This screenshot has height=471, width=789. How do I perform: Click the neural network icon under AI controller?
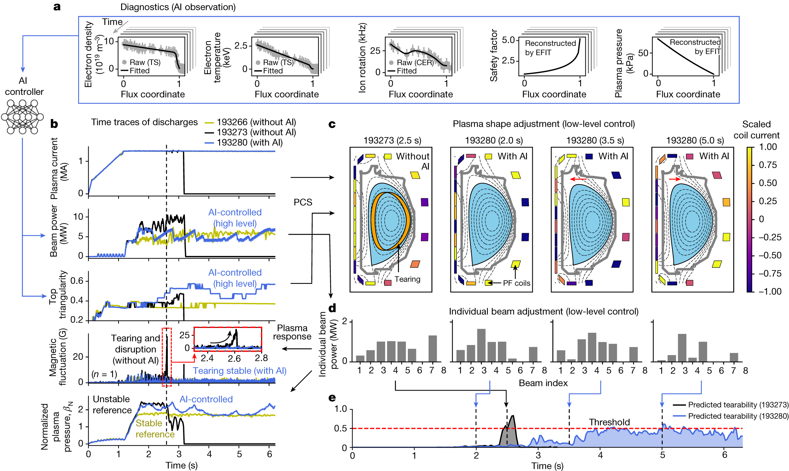point(22,116)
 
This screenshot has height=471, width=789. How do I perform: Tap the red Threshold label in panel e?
point(609,422)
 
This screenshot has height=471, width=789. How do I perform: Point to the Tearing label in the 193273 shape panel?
point(407,279)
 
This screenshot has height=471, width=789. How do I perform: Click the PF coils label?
point(516,283)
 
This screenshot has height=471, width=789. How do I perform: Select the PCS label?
point(303,202)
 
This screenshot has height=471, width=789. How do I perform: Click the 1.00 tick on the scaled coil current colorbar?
point(768,147)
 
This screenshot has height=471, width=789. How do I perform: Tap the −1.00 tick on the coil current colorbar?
point(769,291)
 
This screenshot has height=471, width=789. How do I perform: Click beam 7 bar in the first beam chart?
point(432,348)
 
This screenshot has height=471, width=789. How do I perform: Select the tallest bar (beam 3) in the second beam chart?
point(481,345)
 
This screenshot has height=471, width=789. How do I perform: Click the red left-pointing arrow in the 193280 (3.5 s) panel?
point(578,179)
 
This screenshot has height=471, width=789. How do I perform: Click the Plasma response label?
point(292,332)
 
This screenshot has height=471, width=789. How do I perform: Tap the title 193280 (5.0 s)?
point(695,140)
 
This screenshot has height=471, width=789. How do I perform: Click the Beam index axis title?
point(543,383)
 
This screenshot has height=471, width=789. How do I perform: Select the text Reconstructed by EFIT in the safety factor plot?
point(550,48)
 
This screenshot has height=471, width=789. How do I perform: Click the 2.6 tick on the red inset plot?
point(234,358)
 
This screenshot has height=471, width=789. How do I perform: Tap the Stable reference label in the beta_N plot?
point(154,429)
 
